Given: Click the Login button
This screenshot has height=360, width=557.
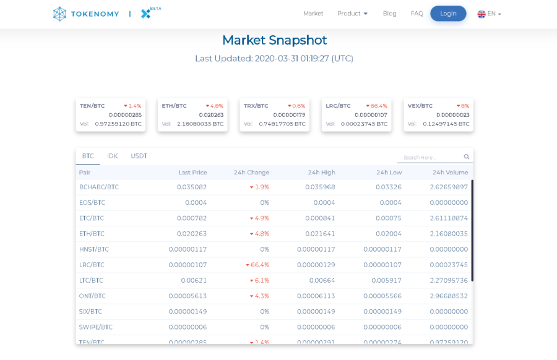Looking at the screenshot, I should [x=448, y=14].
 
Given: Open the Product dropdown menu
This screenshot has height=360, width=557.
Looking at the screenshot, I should [x=352, y=14].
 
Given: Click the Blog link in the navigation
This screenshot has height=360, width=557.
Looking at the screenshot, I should [x=389, y=14].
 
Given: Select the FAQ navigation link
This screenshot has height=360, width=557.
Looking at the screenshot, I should [x=417, y=14].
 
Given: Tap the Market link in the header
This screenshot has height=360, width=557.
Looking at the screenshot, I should [x=313, y=14].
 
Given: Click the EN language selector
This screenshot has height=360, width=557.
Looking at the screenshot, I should [x=489, y=14].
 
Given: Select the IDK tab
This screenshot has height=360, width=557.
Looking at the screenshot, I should [x=112, y=156].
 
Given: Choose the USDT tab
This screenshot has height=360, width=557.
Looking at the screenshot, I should [x=139, y=156].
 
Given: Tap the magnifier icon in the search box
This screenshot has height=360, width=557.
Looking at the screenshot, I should [x=467, y=157].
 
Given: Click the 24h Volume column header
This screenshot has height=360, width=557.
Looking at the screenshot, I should [x=450, y=173].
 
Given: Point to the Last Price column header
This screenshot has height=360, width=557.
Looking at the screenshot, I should [x=192, y=173].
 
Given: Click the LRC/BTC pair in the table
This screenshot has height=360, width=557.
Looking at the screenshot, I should [x=92, y=265].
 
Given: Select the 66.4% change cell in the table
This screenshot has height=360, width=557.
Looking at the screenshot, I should [x=259, y=265].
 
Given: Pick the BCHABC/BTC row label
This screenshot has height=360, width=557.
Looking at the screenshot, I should [x=99, y=187].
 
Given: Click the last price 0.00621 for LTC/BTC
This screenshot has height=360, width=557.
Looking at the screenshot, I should [x=194, y=280].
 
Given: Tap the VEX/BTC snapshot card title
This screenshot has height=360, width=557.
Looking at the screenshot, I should [x=420, y=106].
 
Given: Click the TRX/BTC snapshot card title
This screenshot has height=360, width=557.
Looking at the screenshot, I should [x=256, y=106].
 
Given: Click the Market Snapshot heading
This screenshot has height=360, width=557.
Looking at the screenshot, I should [x=274, y=40].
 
